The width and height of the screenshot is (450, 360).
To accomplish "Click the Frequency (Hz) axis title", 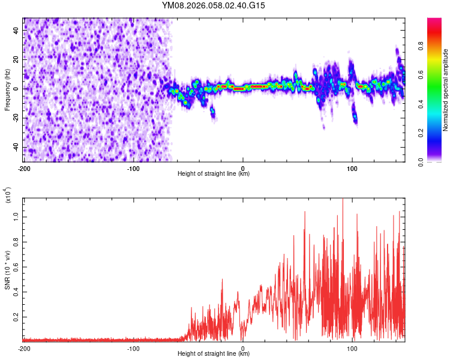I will [x=8, y=90].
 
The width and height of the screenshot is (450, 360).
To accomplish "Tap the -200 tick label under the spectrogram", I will [x=24, y=169].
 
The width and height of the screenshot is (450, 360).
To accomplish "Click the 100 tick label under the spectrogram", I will [x=352, y=169].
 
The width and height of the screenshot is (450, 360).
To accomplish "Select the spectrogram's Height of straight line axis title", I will [x=214, y=174].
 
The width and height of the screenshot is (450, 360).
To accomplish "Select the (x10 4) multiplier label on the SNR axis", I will [x=8, y=195].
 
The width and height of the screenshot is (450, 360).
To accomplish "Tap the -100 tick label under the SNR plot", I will [x=133, y=348].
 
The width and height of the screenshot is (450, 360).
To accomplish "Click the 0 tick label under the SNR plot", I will [x=243, y=348].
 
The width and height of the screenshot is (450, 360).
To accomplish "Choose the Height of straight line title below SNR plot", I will [x=214, y=354].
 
